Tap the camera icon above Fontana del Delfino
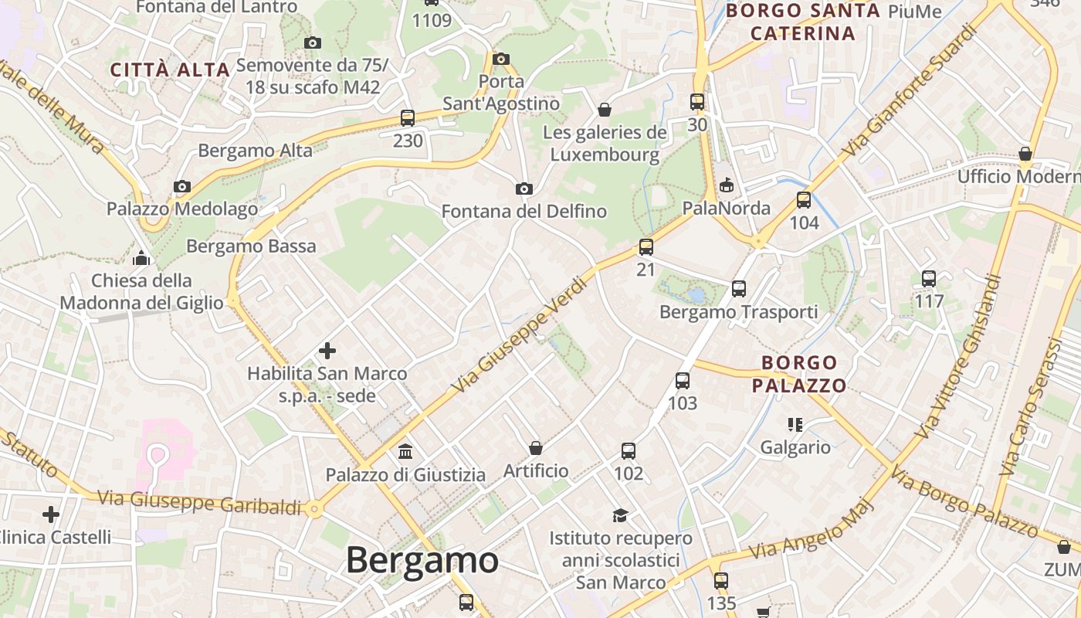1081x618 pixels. coord(524,188)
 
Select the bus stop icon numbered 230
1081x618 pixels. coord(408,118)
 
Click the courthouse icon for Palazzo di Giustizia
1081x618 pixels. coord(405,451)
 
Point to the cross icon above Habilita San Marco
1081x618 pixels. coord(327,351)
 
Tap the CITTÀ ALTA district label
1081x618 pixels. coord(170,70)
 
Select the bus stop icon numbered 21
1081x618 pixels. coord(646,247)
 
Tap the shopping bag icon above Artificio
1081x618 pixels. coord(535,448)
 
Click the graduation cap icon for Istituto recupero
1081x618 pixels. coord(620,515)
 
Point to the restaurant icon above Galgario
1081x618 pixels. coord(795,424)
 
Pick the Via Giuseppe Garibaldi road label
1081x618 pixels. coord(199,502)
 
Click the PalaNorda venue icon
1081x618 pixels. coord(726,185)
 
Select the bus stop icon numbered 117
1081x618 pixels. coord(929,279)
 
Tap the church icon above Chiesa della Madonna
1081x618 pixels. coord(141,258)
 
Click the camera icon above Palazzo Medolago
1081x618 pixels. coord(182,186)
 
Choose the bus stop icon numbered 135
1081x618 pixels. coord(721,580)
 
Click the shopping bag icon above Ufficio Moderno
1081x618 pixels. coord(1025,154)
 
